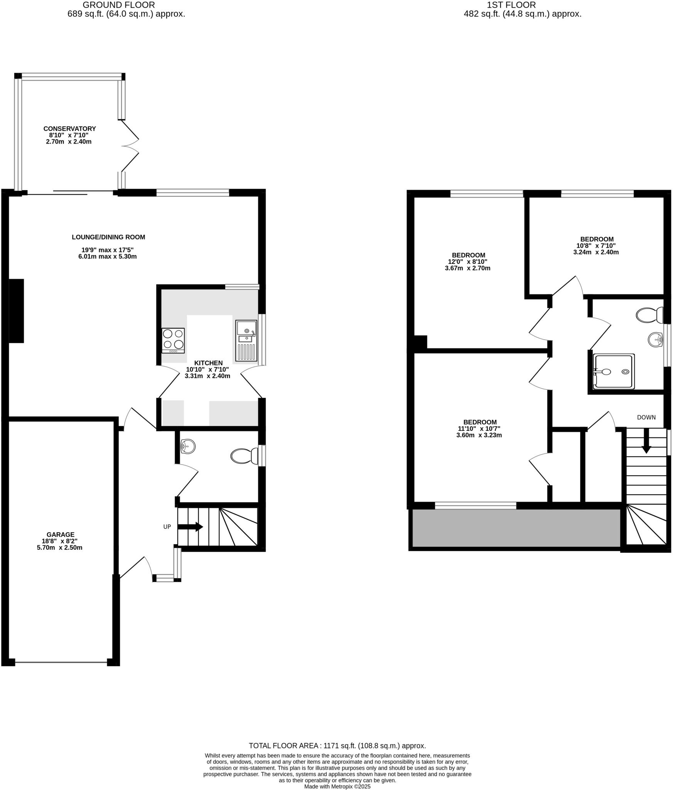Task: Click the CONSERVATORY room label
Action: click(x=69, y=129)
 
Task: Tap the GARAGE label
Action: click(x=60, y=535)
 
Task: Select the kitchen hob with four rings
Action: click(x=173, y=340)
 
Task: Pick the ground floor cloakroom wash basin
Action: click(x=188, y=447)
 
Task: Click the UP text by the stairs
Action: click(x=167, y=527)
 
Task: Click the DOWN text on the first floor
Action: click(x=646, y=417)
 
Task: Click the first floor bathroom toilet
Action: click(x=649, y=315)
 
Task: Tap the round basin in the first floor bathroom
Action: click(x=655, y=340)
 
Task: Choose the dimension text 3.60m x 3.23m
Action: click(x=480, y=435)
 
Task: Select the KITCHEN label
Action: click(x=208, y=363)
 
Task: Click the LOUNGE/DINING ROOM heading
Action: click(x=108, y=237)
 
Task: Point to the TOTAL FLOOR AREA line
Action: click(x=337, y=746)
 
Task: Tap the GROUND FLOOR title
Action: click(x=119, y=5)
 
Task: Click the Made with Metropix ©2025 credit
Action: click(x=337, y=787)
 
